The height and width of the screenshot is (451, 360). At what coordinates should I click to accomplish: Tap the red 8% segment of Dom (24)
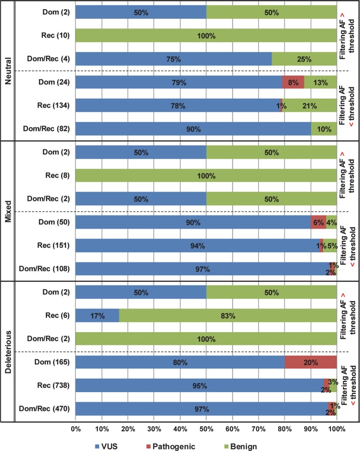(x=293, y=82)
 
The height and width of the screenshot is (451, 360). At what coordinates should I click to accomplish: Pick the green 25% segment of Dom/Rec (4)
(x=304, y=59)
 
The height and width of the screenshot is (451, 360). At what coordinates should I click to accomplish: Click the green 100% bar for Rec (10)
(x=206, y=36)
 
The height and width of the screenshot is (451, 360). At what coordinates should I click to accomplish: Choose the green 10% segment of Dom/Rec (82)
(x=324, y=129)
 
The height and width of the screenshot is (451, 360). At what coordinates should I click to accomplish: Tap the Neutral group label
(x=7, y=71)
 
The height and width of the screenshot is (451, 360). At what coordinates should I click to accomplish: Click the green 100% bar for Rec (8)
(x=206, y=176)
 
